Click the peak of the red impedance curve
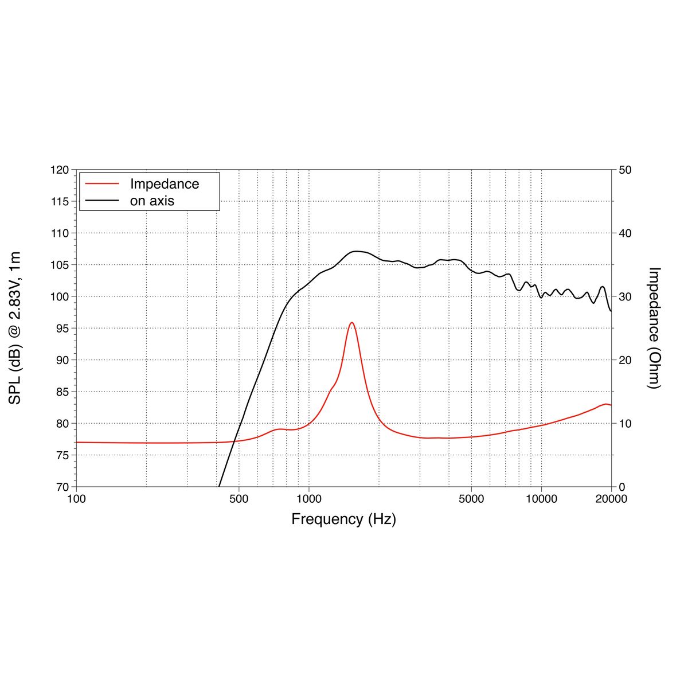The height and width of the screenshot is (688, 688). click(351, 323)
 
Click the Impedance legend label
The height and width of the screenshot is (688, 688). click(165, 184)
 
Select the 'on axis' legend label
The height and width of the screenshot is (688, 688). click(152, 201)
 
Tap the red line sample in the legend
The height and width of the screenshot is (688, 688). click(102, 184)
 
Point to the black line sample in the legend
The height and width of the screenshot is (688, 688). click(102, 201)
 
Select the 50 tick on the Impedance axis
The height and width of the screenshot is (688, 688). click(625, 170)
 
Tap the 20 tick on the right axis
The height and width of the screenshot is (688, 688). click(625, 360)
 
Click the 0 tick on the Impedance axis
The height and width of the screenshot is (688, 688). click(621, 487)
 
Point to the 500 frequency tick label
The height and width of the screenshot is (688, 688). click(239, 499)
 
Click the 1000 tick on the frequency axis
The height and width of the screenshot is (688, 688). click(309, 499)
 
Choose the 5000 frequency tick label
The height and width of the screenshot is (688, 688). click(471, 499)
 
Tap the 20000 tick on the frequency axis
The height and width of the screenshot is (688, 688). click(611, 499)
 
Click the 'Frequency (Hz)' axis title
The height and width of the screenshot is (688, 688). click(343, 519)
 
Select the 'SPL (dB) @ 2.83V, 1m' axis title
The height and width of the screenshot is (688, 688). click(15, 328)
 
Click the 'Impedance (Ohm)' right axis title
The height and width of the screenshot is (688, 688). click(654, 328)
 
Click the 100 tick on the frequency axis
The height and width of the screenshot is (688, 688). click(76, 499)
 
